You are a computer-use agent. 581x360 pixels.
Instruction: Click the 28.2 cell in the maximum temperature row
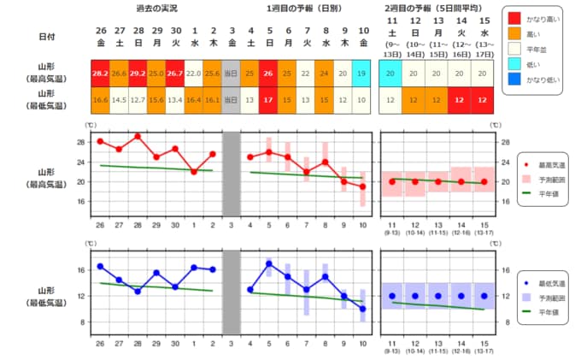100,73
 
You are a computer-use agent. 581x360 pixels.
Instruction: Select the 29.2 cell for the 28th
138,73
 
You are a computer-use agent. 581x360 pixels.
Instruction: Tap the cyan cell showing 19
361,73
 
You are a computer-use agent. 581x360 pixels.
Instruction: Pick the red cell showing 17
268,100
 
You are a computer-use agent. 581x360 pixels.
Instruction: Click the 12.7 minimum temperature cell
138,100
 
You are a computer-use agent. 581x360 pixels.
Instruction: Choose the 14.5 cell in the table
119,100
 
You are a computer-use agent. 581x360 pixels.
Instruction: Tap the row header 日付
49,37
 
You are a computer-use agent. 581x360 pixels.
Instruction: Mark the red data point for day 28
138,136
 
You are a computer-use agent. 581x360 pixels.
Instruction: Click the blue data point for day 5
268,263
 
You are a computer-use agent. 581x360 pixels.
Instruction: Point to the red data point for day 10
361,186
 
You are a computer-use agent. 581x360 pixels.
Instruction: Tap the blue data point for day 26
100,266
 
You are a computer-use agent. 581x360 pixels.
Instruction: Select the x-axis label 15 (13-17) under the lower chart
484,348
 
